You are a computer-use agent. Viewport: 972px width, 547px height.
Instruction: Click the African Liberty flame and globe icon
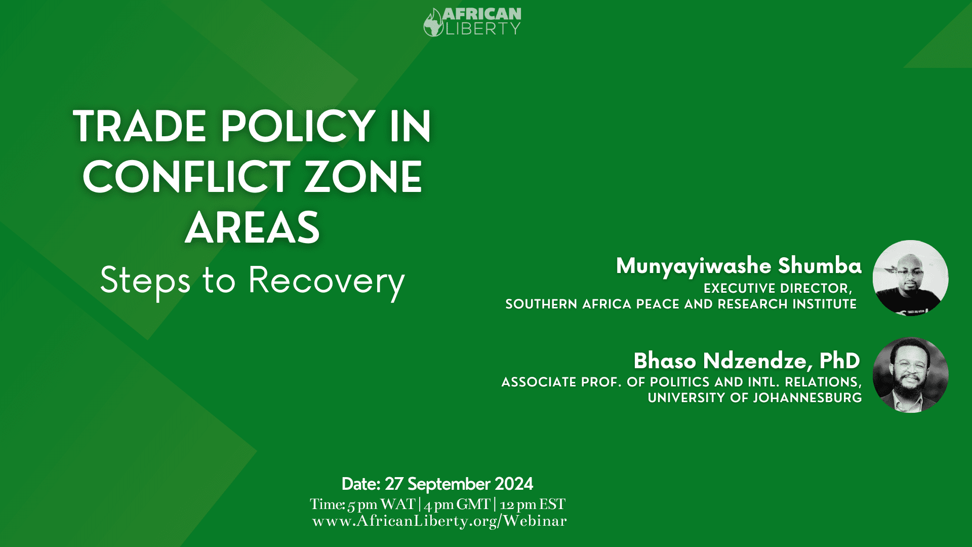pyautogui.click(x=433, y=23)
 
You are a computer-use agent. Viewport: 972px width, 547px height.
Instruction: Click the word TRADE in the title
pyautogui.click(x=140, y=126)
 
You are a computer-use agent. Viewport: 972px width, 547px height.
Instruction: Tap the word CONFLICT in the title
pyautogui.click(x=186, y=177)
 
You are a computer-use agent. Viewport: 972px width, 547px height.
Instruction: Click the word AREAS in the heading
pyautogui.click(x=252, y=228)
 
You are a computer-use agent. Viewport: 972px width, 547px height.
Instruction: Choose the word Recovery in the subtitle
pyautogui.click(x=327, y=282)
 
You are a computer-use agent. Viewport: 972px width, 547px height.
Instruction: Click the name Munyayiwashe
pyautogui.click(x=694, y=266)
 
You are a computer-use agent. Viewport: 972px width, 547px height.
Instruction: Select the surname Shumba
pyautogui.click(x=820, y=265)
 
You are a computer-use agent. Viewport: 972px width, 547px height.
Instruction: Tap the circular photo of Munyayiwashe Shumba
pyautogui.click(x=910, y=278)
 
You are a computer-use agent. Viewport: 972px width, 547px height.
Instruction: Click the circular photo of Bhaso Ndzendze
pyautogui.click(x=910, y=375)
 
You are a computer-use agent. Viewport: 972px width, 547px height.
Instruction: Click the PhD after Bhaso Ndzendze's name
pyautogui.click(x=840, y=361)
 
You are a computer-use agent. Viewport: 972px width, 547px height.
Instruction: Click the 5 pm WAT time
pyautogui.click(x=381, y=504)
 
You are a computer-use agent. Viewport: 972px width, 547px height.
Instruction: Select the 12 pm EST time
pyautogui.click(x=533, y=504)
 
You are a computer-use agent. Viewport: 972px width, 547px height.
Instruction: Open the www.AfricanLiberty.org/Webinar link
pyautogui.click(x=439, y=521)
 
